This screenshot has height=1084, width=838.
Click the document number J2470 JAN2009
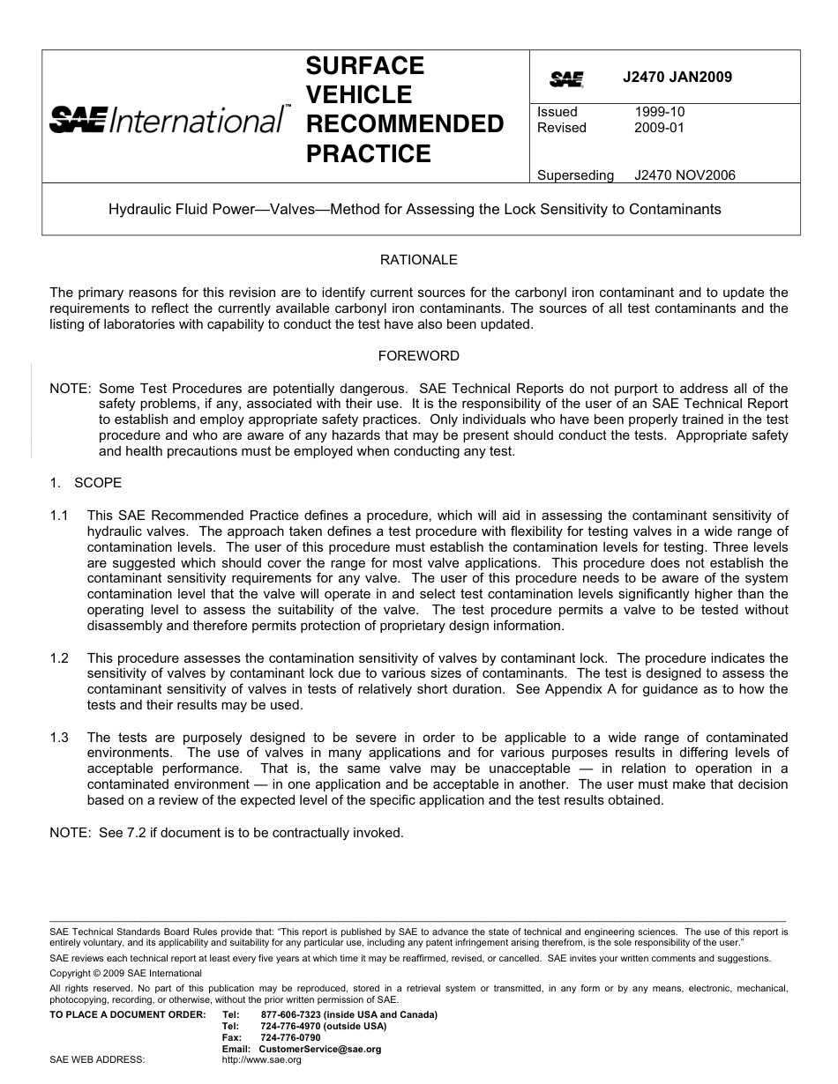tap(677, 78)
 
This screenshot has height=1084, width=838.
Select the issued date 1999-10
tap(659, 112)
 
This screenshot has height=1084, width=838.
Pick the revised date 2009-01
tap(659, 128)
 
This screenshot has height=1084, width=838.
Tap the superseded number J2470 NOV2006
tap(685, 175)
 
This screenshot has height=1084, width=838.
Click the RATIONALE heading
tap(419, 260)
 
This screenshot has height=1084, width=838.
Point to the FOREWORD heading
tap(419, 356)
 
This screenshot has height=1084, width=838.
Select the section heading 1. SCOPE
tap(86, 483)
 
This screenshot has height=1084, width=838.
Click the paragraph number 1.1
tap(59, 516)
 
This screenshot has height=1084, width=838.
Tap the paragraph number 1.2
tap(59, 658)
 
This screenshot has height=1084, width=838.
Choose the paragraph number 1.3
tap(59, 738)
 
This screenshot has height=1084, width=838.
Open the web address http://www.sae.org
tap(261, 1059)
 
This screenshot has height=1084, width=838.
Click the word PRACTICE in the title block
tap(355, 154)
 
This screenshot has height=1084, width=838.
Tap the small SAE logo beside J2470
tap(566, 79)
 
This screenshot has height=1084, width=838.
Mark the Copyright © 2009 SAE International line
tap(126, 974)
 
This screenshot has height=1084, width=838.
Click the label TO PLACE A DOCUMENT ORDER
tap(127, 1014)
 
